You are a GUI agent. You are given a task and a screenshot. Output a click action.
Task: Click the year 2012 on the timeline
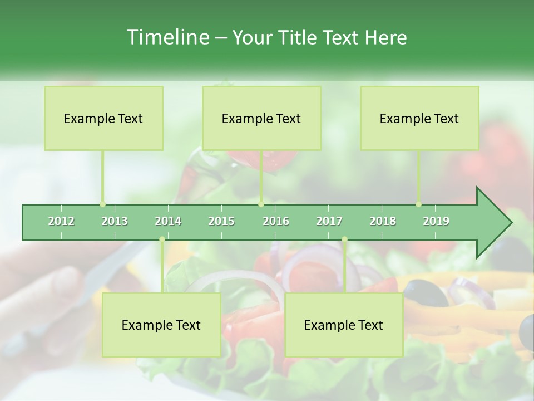(61, 222)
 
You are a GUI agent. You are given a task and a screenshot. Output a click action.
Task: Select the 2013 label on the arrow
(115, 222)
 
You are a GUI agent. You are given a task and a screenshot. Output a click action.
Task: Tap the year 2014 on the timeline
(168, 222)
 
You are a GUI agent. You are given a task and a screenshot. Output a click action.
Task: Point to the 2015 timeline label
(221, 222)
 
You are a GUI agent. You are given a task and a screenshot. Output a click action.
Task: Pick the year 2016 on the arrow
(276, 222)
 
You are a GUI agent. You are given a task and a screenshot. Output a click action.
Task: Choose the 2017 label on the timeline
(329, 222)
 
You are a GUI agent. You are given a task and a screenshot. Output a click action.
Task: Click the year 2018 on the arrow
(383, 222)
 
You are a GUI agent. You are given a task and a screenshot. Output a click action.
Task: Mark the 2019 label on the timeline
(436, 222)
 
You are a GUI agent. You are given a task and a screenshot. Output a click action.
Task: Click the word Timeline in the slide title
(167, 37)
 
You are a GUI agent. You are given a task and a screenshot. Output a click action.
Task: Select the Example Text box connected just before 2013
(103, 118)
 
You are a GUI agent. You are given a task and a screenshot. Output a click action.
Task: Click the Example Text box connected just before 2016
(261, 118)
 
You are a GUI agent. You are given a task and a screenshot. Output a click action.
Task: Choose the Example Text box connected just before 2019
(419, 118)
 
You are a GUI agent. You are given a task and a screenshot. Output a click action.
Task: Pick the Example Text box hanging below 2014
(161, 325)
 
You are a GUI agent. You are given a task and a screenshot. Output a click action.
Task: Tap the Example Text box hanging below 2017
(344, 325)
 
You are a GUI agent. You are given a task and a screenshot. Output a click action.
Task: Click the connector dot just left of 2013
(102, 204)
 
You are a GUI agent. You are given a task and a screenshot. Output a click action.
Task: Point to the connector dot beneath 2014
(162, 239)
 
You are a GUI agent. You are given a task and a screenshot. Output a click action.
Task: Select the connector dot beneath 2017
(344, 239)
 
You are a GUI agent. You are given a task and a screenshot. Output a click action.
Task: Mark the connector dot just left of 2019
(418, 204)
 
